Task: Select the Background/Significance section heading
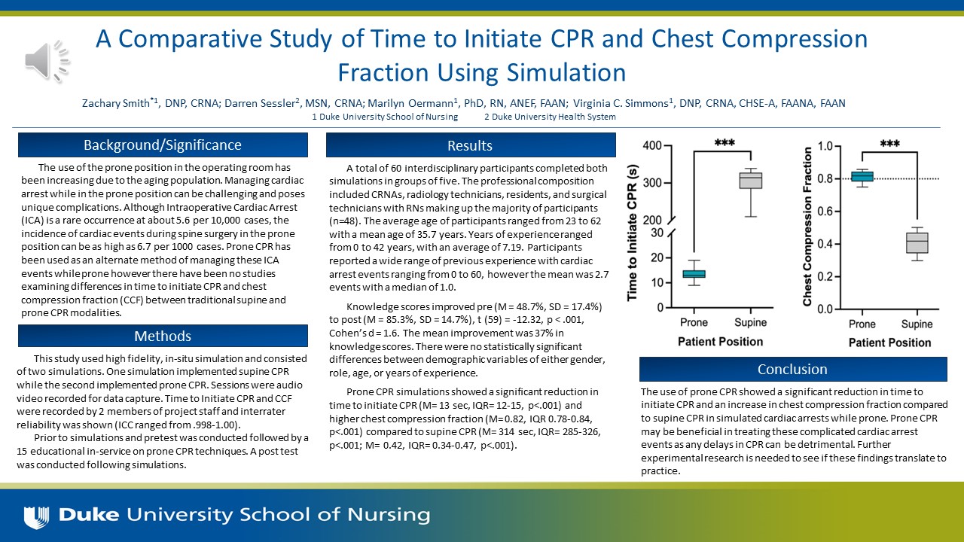point(163,145)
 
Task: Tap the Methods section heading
point(163,336)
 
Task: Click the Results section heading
point(470,145)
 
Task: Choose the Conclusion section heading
point(792,369)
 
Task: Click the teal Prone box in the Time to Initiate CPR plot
point(694,274)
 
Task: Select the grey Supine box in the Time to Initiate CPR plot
point(750,181)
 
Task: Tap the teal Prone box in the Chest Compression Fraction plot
point(862,176)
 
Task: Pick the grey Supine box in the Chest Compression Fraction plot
point(917,243)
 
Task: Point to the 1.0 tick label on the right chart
point(827,146)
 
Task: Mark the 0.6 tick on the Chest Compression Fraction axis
point(827,212)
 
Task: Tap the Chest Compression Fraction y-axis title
point(807,226)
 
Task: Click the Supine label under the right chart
point(917,324)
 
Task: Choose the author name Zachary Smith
point(114,103)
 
